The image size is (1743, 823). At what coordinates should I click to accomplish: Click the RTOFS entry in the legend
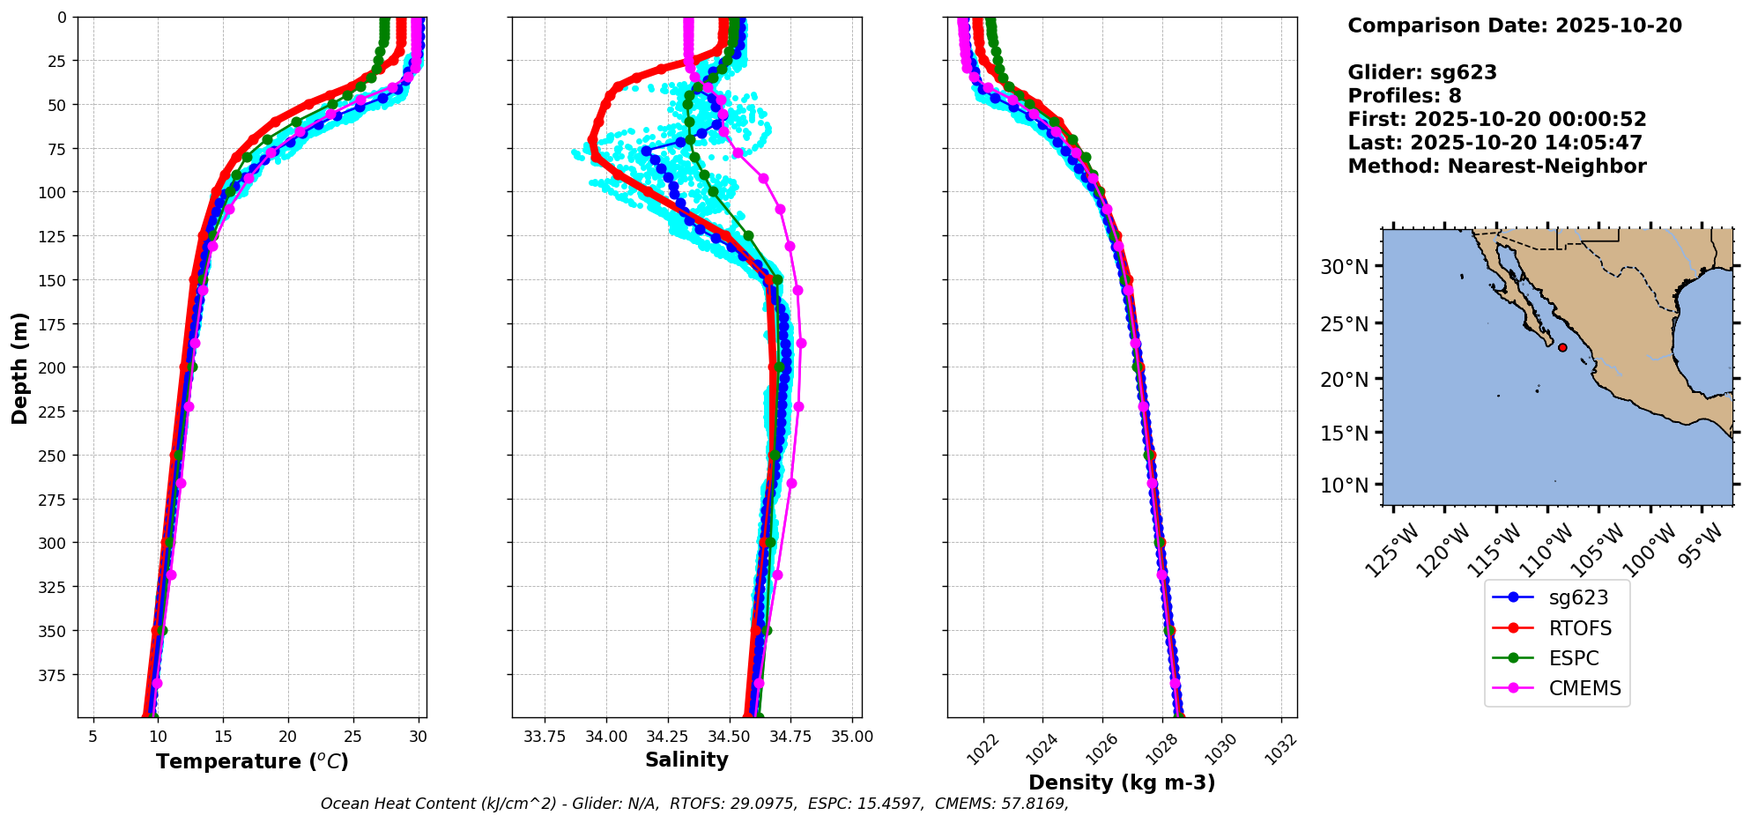1580,628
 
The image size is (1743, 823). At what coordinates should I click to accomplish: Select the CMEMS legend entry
1584,688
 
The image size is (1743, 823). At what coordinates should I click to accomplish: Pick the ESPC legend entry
1573,658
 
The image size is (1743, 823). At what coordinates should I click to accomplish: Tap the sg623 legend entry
1578,597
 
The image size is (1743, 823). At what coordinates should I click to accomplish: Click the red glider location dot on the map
1562,347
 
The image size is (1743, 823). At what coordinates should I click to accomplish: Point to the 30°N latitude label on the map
1345,267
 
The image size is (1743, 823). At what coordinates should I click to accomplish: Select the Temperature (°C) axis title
252,761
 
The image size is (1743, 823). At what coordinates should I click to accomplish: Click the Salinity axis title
686,760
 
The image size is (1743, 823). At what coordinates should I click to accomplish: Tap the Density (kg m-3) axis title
1122,782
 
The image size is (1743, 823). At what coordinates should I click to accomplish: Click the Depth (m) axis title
19,367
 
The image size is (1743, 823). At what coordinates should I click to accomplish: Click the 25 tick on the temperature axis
353,737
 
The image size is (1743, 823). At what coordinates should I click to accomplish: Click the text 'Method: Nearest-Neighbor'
1496,167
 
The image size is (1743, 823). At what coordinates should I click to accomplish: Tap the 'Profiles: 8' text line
1404,96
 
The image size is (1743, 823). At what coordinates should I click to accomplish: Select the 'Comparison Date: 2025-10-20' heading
1514,26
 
